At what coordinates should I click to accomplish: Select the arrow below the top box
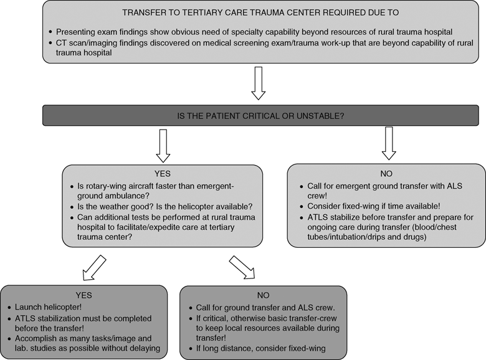(x=258, y=83)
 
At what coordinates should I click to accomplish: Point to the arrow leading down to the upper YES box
(x=163, y=146)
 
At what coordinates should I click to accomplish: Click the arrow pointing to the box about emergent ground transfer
(x=389, y=143)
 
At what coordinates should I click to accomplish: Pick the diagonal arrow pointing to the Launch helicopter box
(x=94, y=268)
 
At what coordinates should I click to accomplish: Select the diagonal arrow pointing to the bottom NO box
(x=242, y=267)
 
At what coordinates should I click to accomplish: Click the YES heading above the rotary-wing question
(x=163, y=174)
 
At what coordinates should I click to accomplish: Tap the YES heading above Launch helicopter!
(x=83, y=295)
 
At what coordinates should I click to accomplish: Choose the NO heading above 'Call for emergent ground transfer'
(x=386, y=174)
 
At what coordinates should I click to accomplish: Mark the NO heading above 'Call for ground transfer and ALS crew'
(x=263, y=295)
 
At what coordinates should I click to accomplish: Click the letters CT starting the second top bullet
(x=61, y=43)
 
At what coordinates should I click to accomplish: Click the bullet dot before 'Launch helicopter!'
(x=9, y=307)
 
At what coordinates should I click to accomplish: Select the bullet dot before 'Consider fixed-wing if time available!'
(x=302, y=207)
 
